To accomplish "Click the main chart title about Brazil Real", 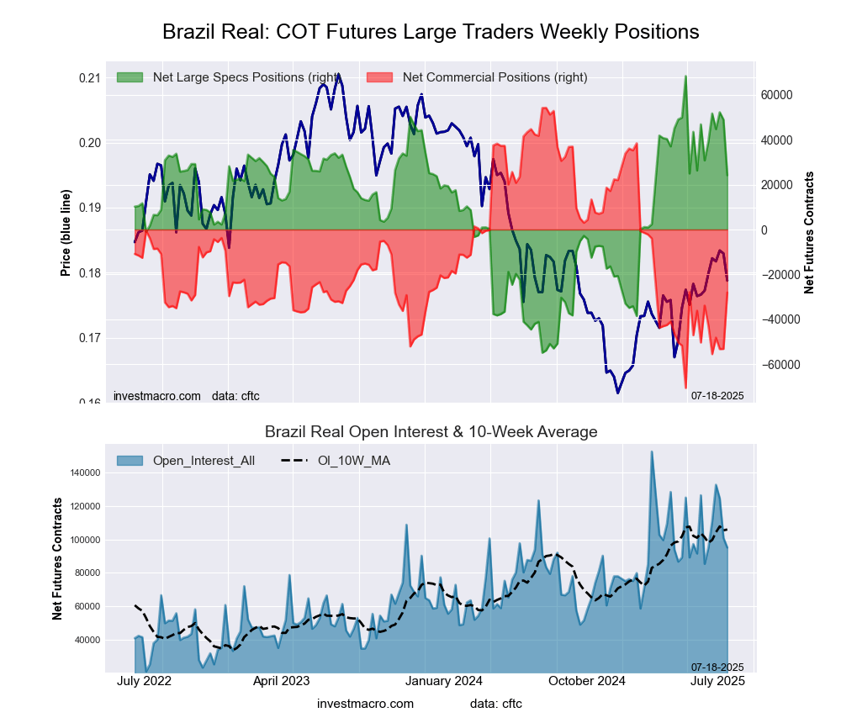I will (430, 32).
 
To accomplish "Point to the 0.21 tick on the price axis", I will (89, 78).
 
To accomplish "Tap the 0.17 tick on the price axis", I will (89, 338).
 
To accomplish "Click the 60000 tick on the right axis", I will (778, 95).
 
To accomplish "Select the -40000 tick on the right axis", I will (778, 320).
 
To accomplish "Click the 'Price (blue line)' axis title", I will (65, 232).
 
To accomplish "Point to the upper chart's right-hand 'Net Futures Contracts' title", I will (809, 232).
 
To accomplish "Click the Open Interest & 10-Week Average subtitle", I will (431, 432).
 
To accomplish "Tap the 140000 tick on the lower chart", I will (85, 473).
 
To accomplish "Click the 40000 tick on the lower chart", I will (87, 640).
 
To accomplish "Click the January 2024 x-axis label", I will (431, 681).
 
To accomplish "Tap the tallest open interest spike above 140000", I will (651, 451).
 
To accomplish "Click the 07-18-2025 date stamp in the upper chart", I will (717, 394).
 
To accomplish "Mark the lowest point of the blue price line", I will (617, 393).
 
